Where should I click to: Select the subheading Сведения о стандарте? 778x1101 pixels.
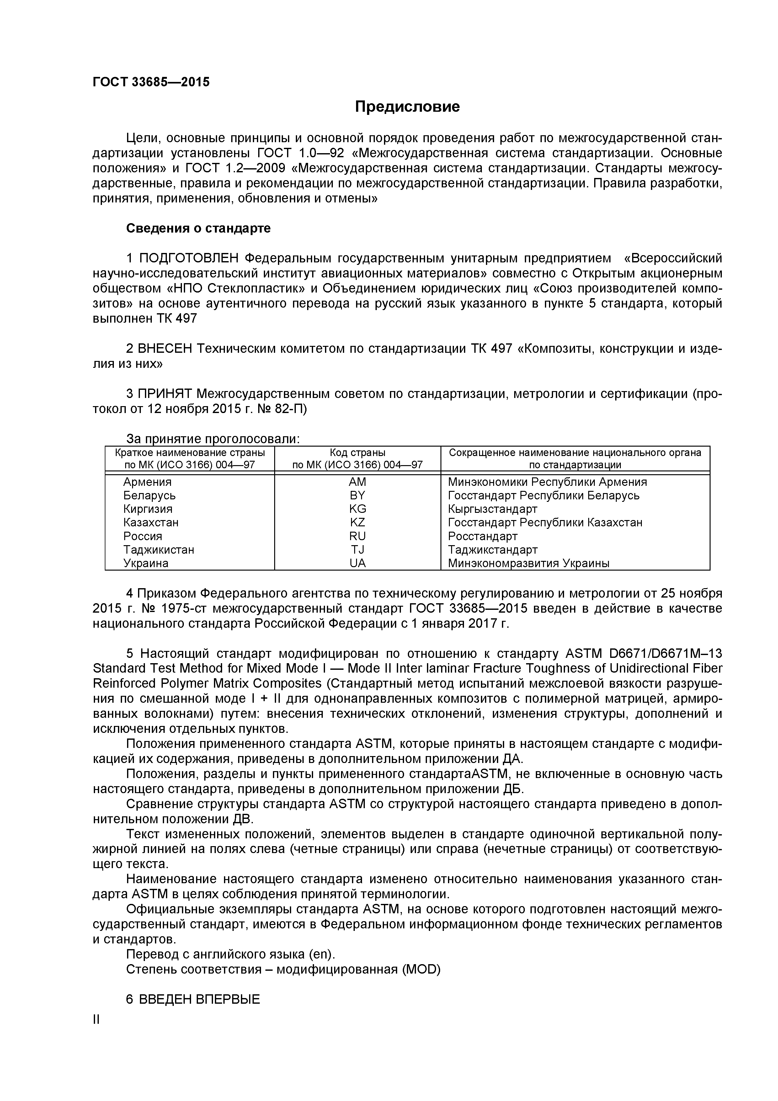coord(198,228)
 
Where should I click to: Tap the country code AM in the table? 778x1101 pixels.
coord(358,482)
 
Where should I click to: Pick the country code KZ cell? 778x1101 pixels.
coord(358,522)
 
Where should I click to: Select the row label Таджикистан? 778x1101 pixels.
coord(159,550)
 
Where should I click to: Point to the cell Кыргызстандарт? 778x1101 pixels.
coord(492,509)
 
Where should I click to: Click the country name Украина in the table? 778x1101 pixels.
coord(146,563)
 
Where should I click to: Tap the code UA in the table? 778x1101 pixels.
coord(358,563)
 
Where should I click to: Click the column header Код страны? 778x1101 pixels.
coord(358,453)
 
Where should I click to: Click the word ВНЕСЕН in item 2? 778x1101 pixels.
coord(164,349)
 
